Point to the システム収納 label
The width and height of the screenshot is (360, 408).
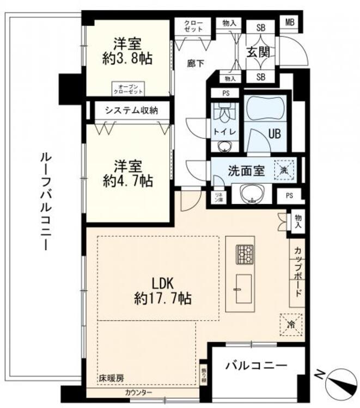(131, 110)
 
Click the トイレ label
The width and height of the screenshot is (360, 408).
(223, 132)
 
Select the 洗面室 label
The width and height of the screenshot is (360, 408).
(247, 170)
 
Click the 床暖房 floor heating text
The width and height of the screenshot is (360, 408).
(111, 377)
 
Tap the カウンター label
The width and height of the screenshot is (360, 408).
(138, 393)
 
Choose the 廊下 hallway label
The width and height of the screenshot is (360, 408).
(196, 64)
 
